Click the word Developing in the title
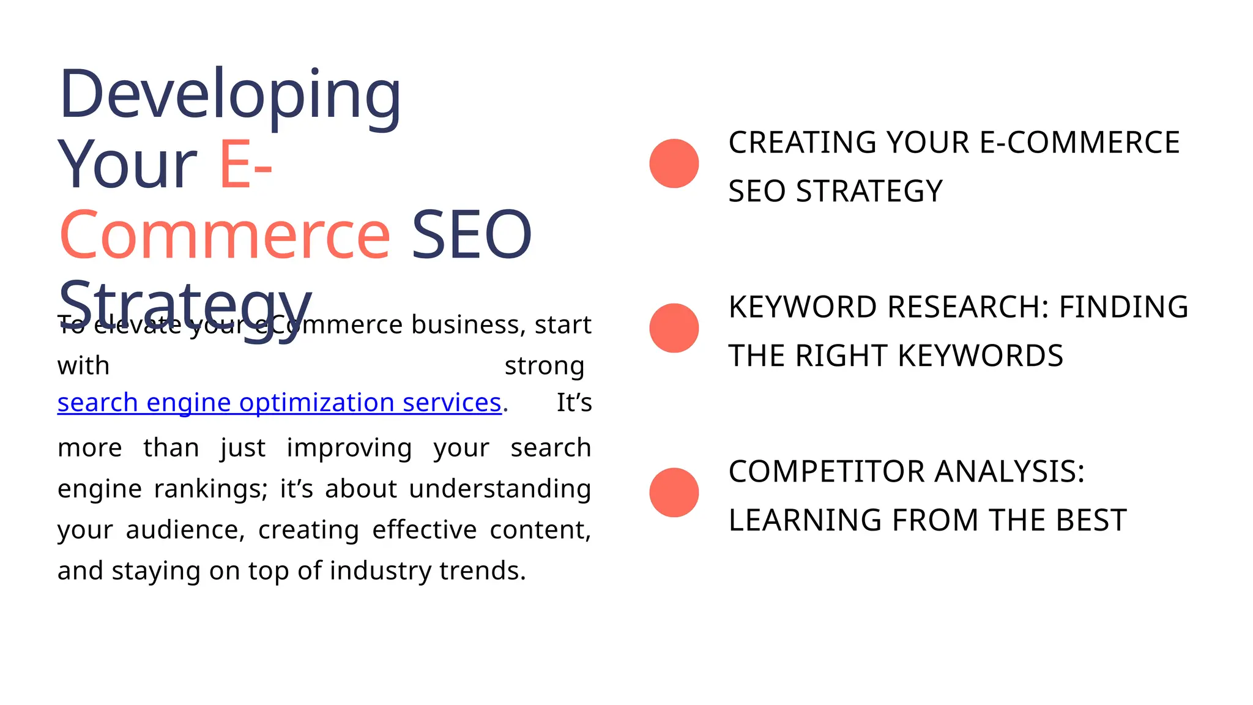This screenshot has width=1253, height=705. (x=230, y=95)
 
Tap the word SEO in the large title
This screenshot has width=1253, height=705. (x=471, y=236)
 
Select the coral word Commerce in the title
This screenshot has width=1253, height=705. (x=225, y=236)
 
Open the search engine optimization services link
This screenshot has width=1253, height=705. (x=279, y=403)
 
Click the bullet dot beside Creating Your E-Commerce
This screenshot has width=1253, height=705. (x=674, y=163)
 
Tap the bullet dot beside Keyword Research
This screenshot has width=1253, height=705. (x=674, y=328)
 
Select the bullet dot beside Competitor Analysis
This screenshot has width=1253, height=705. (x=674, y=493)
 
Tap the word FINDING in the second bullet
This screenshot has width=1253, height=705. (x=1123, y=307)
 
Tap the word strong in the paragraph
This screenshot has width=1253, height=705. (x=544, y=367)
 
